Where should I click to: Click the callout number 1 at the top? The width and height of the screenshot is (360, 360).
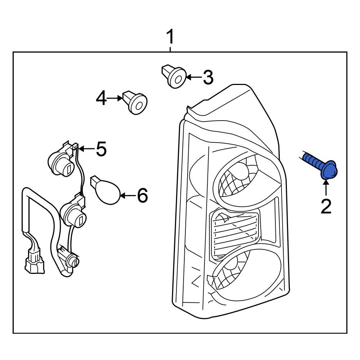pos(170,37)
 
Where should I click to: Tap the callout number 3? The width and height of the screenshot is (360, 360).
pos(208,77)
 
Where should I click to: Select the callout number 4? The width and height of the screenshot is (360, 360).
pos(102,98)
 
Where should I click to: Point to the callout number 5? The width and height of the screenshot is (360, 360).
pos(101,149)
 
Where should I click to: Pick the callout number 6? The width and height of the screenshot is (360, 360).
pos(142,195)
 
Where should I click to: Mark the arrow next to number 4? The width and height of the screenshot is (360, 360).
pos(116,98)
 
